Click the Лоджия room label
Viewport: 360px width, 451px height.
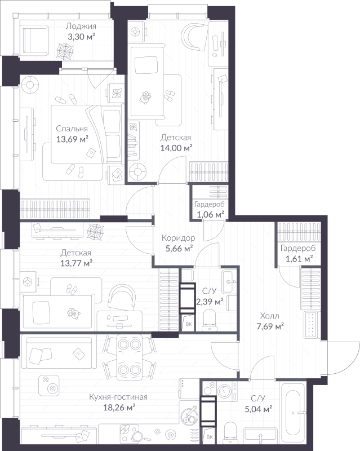pos(81,26)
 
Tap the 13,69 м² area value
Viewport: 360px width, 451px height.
pos(72,139)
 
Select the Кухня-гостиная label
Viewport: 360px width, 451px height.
pos(118,397)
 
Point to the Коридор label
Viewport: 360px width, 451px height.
pos(178,238)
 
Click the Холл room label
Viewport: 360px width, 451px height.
pos(269,316)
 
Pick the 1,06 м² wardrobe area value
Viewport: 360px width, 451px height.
pos(211,215)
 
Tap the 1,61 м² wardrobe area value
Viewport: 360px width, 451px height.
pos(299,259)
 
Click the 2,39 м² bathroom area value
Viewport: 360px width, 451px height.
pos(210,302)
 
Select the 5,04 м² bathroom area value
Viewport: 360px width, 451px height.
pos(259,409)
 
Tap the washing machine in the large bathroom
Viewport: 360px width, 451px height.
pos(227,391)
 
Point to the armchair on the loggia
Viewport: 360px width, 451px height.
pos(35,40)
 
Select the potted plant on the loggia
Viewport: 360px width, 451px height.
pos(64,51)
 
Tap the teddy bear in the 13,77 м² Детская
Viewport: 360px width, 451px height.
pos(73,313)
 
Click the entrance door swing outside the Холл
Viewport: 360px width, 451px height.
pos(342,357)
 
